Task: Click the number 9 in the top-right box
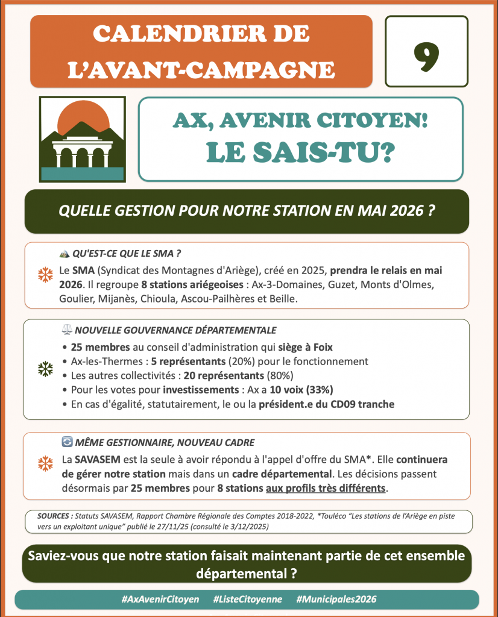(426, 52)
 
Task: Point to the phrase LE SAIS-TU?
(300, 152)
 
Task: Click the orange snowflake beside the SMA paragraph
(45, 275)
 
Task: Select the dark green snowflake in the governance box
(45, 368)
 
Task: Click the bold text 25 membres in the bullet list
(99, 348)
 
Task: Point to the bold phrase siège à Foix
(306, 348)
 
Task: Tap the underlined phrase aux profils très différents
(326, 488)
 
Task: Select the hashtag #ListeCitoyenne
(248, 600)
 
